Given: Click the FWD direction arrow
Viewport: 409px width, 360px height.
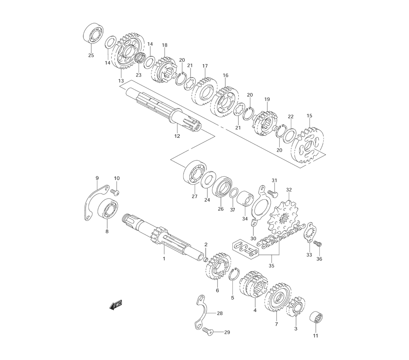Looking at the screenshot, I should [x=116, y=305].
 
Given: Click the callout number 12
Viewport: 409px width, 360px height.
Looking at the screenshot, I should [x=177, y=136].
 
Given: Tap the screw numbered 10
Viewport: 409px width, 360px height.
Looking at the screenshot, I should [x=115, y=192].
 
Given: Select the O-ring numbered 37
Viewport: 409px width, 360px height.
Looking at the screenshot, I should [x=234, y=193].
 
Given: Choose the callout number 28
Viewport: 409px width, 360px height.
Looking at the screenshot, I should [x=220, y=313].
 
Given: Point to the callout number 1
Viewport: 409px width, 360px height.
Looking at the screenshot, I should [x=164, y=259].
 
